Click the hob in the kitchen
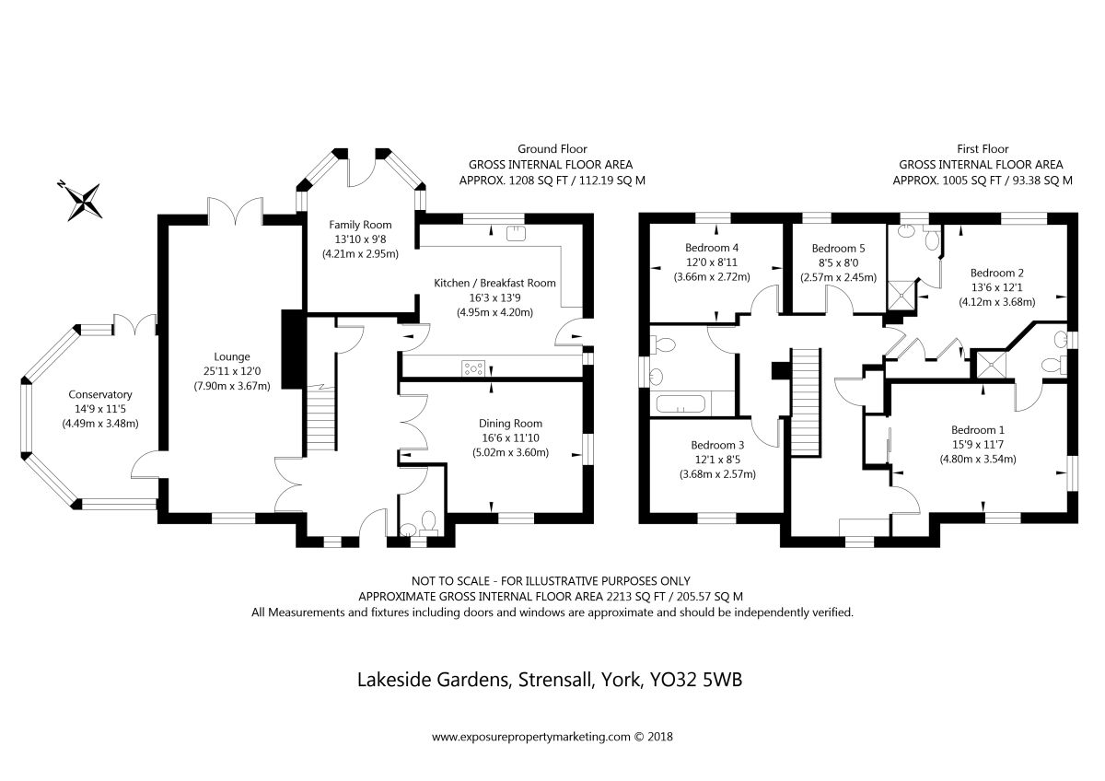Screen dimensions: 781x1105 473,368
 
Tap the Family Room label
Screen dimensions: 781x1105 360,225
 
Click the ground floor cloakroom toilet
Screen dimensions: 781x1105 426,526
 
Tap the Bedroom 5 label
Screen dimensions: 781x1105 838,248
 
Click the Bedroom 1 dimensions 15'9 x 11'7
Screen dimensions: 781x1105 977,444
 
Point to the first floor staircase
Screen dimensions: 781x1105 806,387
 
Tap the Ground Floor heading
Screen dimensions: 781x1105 552,148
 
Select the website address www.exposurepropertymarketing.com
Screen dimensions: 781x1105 530,737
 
